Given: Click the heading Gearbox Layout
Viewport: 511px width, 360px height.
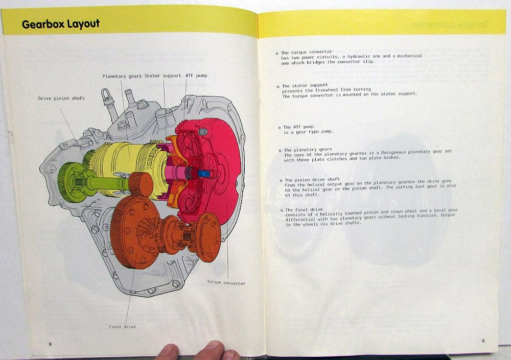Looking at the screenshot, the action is (x=61, y=25).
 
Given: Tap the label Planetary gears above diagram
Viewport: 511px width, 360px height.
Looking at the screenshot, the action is (x=122, y=76).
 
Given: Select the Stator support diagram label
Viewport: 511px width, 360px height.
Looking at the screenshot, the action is (x=162, y=76).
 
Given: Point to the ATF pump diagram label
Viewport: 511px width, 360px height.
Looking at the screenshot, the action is (x=196, y=76).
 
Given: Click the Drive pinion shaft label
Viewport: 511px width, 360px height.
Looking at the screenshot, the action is (x=61, y=98).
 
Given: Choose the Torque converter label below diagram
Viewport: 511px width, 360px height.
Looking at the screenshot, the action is (x=226, y=282).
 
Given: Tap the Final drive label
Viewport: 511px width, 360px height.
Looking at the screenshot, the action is (x=122, y=326).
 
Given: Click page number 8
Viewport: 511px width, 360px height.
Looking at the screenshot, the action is (x=50, y=344).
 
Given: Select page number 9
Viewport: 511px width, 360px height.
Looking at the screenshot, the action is (x=483, y=341).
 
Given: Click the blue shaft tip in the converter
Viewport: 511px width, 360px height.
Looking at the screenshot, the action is (x=204, y=174).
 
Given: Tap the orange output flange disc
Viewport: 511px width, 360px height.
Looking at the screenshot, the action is (x=208, y=237).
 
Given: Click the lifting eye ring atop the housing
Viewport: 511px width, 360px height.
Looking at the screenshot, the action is (x=106, y=95).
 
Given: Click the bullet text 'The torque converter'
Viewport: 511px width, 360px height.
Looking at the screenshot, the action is (x=307, y=52).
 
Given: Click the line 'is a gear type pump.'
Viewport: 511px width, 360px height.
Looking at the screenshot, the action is (x=308, y=132).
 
